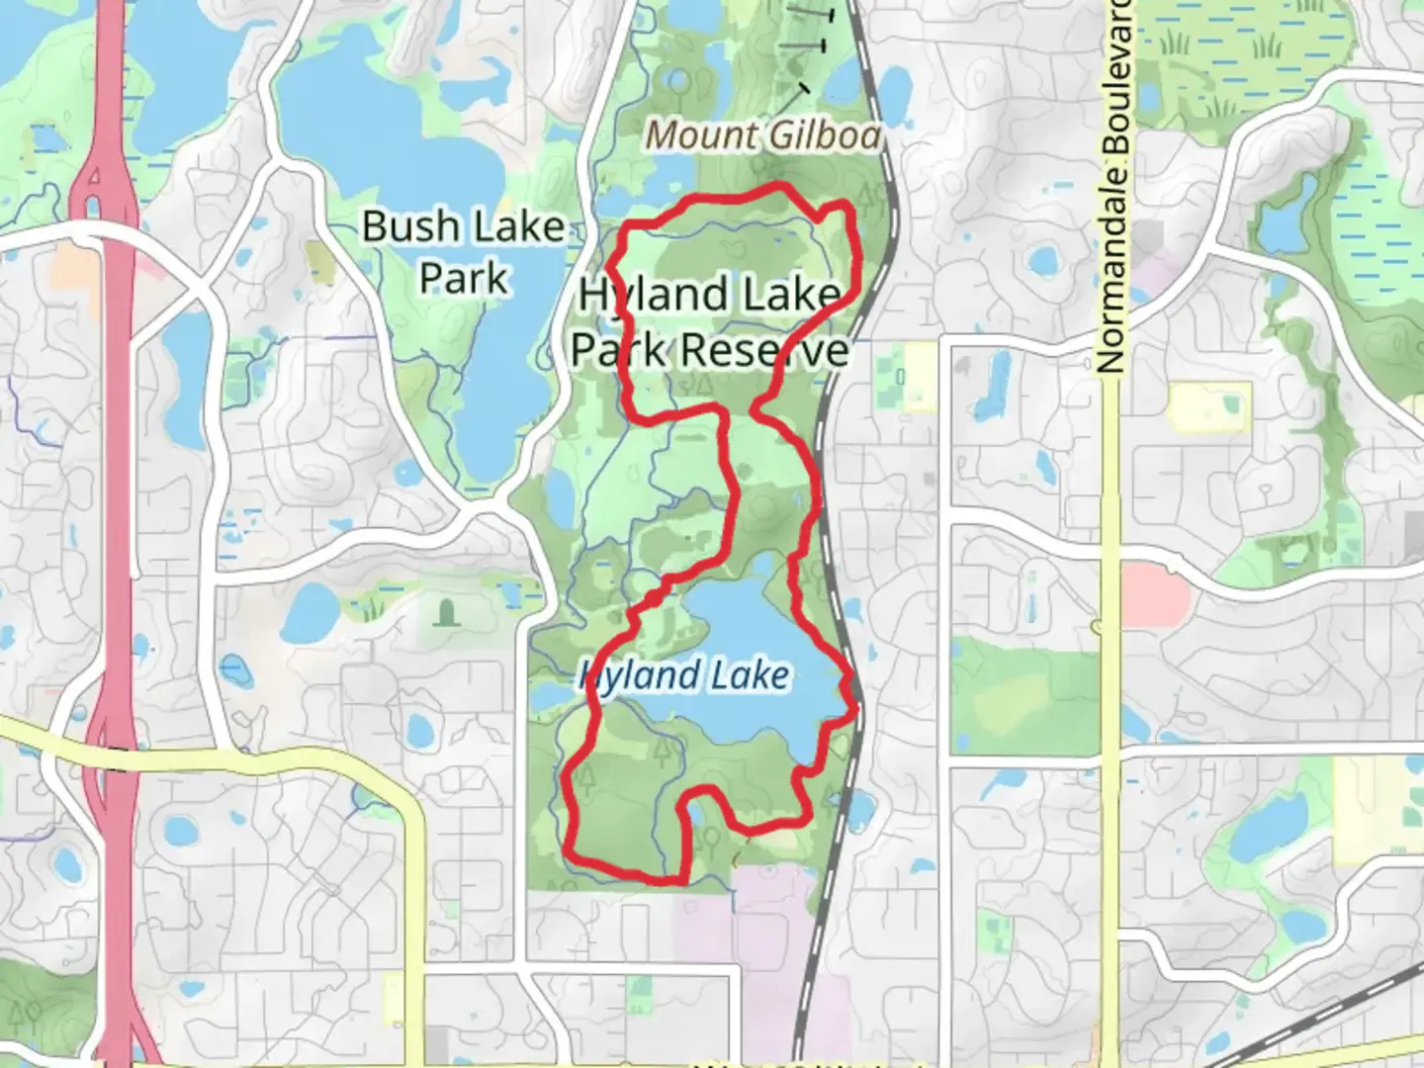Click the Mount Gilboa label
click(x=762, y=135)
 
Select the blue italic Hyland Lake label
click(x=683, y=676)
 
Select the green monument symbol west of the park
click(x=445, y=613)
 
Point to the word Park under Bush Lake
click(x=463, y=278)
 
